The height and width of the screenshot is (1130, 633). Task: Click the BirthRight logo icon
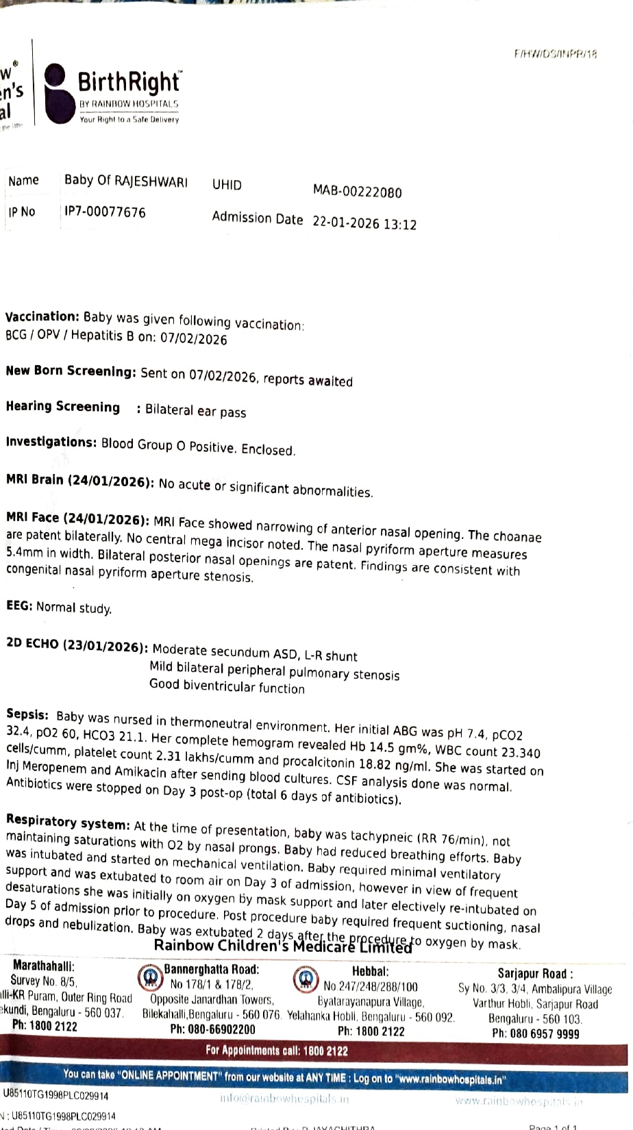[x=56, y=95]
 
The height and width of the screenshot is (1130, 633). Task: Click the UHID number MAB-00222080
[x=357, y=192]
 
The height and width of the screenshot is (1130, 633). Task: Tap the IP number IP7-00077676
[x=105, y=212]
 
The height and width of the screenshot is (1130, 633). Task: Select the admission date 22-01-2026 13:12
[x=364, y=223]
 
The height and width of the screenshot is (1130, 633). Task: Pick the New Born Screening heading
[x=71, y=371]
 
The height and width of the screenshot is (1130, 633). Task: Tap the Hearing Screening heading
[x=62, y=407]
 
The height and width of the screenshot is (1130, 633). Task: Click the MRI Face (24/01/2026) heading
[x=77, y=519]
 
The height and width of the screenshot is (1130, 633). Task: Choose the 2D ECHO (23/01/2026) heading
[x=76, y=645]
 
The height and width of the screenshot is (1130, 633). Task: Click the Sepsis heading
[x=27, y=714]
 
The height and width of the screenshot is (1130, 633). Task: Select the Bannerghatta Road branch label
[x=211, y=970]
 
